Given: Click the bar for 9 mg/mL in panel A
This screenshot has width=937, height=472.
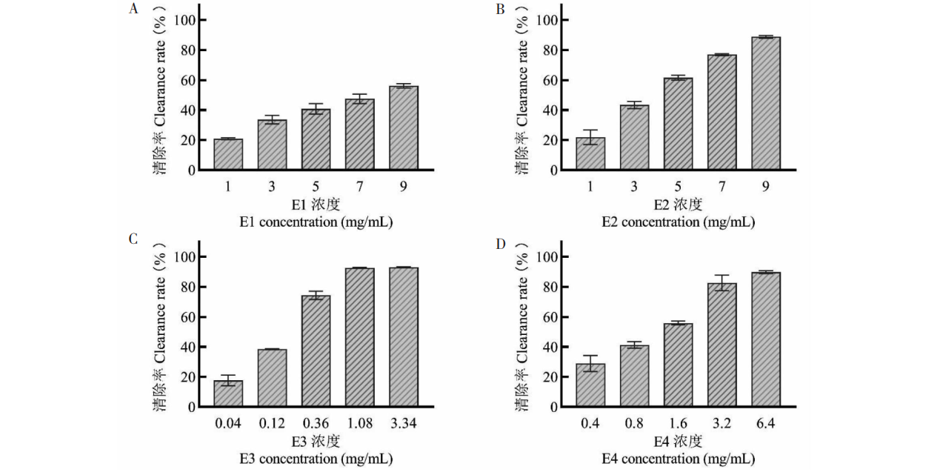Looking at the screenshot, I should coord(404,128).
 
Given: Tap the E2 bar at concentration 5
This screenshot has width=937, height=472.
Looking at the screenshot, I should coord(678,124).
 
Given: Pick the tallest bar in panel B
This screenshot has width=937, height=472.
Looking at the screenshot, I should coord(766,104).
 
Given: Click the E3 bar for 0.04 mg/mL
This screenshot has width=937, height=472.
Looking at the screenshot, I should coord(228,393).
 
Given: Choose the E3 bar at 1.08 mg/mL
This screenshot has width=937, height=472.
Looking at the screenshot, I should coord(360,337).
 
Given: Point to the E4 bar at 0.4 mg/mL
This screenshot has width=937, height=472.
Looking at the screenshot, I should coord(590,385).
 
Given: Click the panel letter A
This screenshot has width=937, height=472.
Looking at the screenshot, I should coord(134,9).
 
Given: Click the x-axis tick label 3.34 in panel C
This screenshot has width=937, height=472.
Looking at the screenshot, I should coord(404,424).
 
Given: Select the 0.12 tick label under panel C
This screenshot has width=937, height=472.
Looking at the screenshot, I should coord(272,424).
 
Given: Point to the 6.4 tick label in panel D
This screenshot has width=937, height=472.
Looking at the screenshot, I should coord(766,424).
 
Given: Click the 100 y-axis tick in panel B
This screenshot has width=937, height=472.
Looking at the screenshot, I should coord(548,20).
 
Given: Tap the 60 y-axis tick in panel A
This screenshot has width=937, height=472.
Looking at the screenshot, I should coord(185,80).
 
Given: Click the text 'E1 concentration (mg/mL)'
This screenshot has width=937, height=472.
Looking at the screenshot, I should coord(315,222).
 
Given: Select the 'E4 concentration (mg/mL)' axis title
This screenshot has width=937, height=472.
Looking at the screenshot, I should coord(678,459).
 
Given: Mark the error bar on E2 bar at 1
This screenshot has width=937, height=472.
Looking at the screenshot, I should coord(590,137).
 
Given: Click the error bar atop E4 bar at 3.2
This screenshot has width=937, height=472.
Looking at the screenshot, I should coord(722,282).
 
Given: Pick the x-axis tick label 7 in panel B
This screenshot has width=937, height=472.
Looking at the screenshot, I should coord(722,187).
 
